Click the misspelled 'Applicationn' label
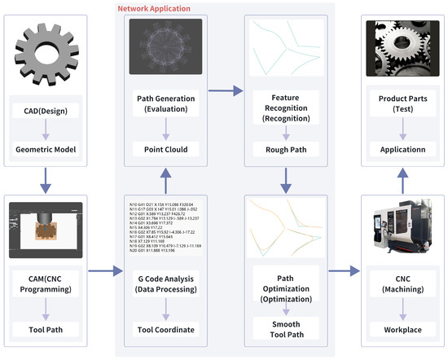(x=396, y=150)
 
